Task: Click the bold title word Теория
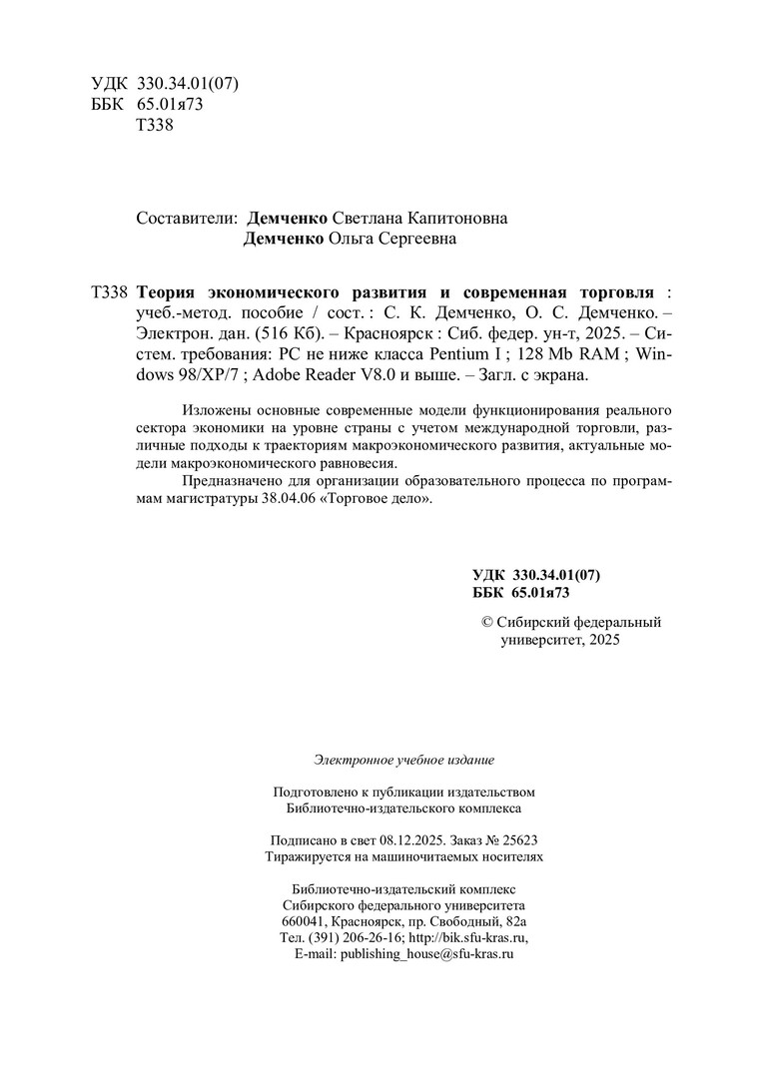click(x=166, y=292)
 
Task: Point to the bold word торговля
click(x=611, y=292)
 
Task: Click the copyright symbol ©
click(x=488, y=622)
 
